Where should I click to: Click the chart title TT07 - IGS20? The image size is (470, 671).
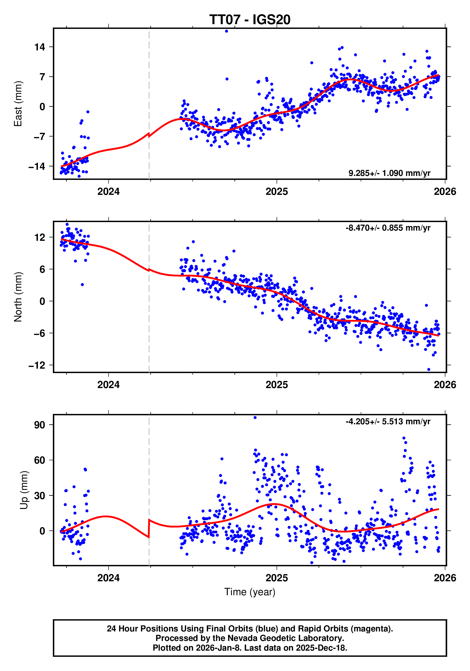point(250,20)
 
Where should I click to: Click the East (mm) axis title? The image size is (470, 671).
point(18,104)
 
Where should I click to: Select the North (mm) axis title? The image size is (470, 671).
point(18,297)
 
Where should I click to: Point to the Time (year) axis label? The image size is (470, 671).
point(250,592)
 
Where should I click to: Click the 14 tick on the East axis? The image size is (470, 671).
point(40,47)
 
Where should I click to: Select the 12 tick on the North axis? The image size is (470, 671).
point(40,237)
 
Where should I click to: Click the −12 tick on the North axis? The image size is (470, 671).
point(37,365)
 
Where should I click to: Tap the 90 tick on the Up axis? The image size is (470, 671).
point(40,425)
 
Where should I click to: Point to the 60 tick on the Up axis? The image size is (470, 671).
point(40,460)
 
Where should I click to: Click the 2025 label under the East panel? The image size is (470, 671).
point(276,192)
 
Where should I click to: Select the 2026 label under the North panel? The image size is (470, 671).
point(445,385)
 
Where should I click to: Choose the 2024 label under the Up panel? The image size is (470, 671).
point(108,578)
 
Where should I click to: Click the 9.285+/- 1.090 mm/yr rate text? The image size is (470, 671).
point(389,173)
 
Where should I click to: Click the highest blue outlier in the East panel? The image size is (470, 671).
point(226,31)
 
